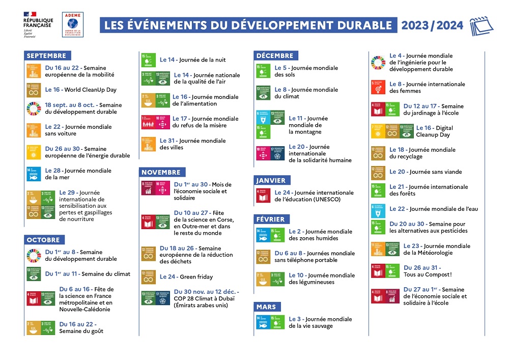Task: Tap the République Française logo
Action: click(37, 25)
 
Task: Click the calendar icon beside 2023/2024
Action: click(481, 25)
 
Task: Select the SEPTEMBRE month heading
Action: click(46, 56)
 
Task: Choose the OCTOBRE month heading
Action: click(43, 240)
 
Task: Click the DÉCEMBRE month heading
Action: click(275, 56)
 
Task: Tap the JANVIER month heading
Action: click(271, 180)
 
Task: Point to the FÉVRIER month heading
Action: click(271, 219)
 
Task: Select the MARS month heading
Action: click(266, 307)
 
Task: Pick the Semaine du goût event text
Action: click(81, 331)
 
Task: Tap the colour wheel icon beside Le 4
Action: click(378, 62)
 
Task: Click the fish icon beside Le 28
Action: click(33, 174)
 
